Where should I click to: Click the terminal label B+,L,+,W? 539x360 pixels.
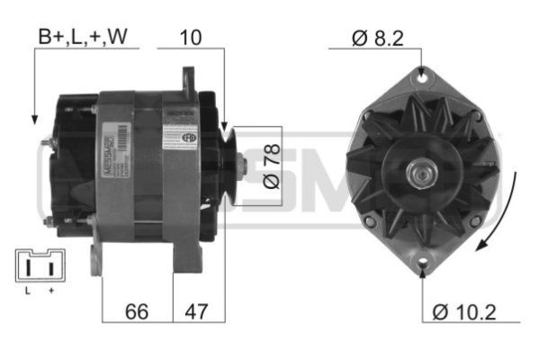click(x=81, y=39)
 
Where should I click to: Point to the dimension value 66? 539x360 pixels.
click(x=136, y=311)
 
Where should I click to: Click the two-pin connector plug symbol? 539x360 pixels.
click(x=39, y=266)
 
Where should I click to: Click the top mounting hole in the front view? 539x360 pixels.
click(x=420, y=77)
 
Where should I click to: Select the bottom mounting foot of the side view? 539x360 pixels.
click(x=95, y=261)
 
